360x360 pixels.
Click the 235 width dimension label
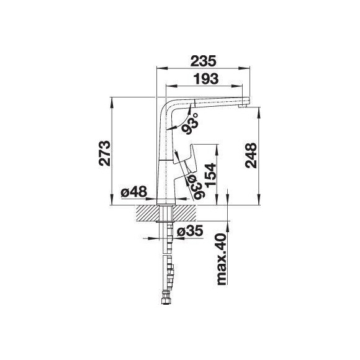click(203, 61)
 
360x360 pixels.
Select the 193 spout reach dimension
click(205, 79)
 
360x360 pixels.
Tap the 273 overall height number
click(104, 153)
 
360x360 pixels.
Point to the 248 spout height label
click(251, 155)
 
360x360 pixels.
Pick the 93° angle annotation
click(191, 124)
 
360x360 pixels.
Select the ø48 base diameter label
click(133, 191)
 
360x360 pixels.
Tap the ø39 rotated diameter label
click(196, 187)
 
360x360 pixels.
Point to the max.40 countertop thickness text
click(222, 259)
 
